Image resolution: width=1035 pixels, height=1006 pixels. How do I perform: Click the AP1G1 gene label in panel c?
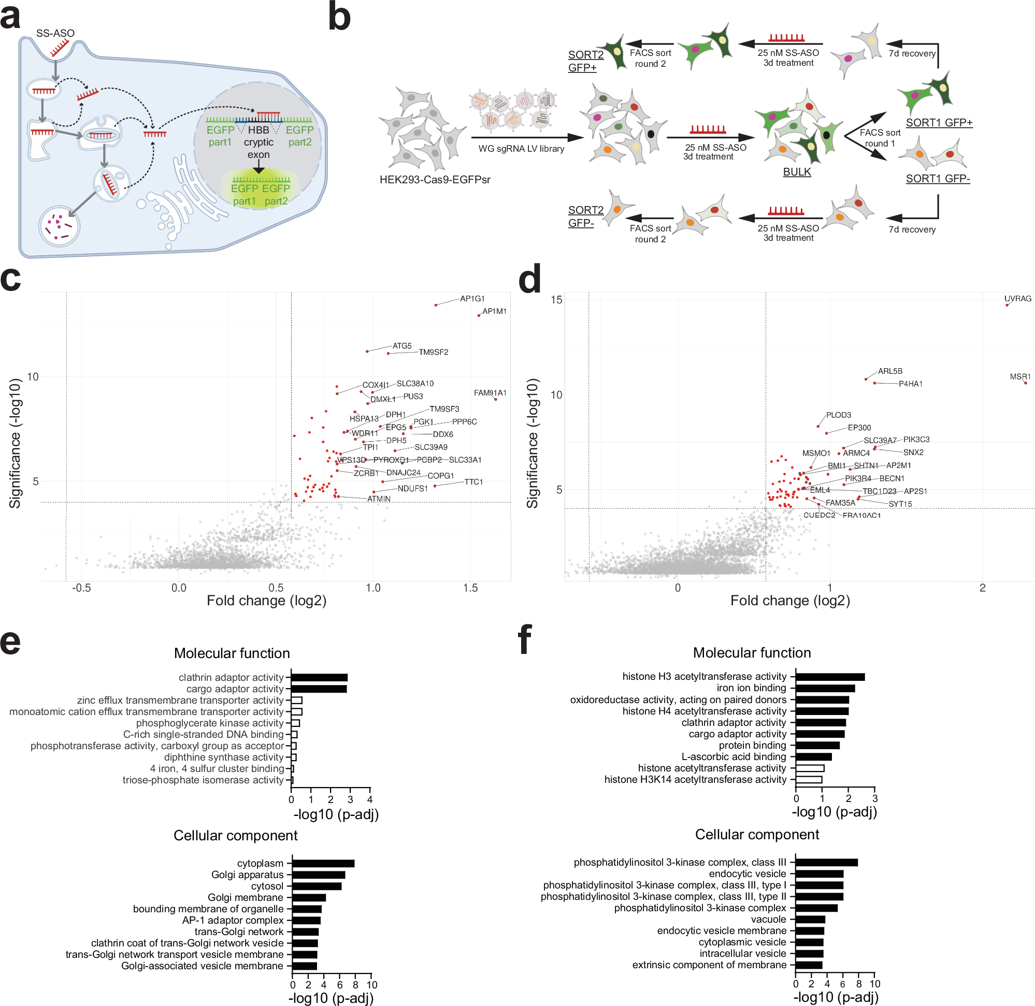[x=471, y=299]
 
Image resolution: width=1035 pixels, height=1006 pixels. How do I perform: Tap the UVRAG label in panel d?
[x=1017, y=299]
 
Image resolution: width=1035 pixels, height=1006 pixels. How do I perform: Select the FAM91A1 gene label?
[x=490, y=392]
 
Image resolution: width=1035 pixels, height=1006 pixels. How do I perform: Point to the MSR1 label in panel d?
[x=1019, y=377]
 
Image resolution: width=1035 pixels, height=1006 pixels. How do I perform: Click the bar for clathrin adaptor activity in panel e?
[x=319, y=677]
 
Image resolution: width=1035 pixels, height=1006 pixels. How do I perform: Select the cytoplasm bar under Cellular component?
[x=323, y=863]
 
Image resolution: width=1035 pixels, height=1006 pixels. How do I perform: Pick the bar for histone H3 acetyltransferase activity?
[x=829, y=676]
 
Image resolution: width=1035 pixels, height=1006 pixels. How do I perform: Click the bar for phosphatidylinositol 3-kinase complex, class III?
[x=826, y=862]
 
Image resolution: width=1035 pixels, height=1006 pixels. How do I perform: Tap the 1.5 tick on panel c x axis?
[x=470, y=588]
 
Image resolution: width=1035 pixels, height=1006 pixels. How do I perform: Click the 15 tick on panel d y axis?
[x=556, y=300]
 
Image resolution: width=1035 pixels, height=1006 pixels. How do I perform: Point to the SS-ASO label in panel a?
[x=55, y=33]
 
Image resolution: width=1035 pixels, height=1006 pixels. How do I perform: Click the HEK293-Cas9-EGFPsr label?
[x=435, y=180]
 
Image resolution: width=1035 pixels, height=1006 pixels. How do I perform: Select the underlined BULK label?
[x=796, y=172]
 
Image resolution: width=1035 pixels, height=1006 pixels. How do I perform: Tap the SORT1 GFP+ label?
[x=938, y=123]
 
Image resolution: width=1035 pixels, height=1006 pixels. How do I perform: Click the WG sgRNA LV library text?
[x=521, y=149]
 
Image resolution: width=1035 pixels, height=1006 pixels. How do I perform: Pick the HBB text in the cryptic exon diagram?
[x=258, y=130]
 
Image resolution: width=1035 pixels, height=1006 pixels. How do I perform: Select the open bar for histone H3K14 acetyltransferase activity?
[x=808, y=779]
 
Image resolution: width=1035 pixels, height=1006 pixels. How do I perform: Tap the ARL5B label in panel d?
[x=889, y=371]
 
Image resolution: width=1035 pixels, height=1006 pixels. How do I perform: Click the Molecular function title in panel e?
[x=232, y=653]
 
